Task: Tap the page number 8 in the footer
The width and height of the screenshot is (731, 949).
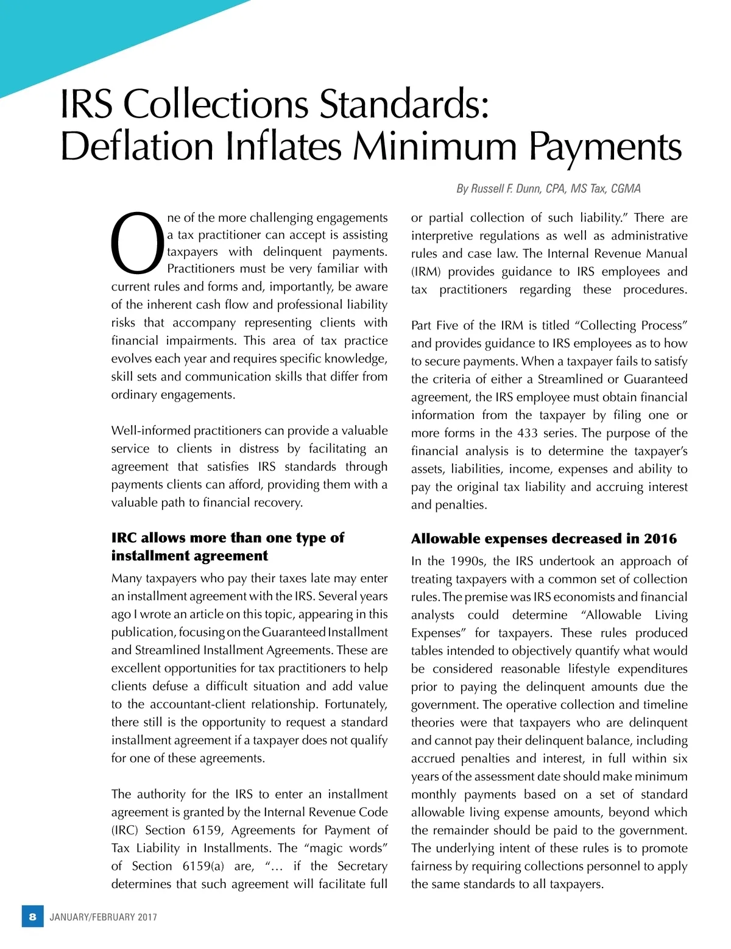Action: pos(33,916)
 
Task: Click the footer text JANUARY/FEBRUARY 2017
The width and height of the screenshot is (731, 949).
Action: pos(103,917)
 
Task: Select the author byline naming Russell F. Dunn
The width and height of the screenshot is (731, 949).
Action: pos(548,189)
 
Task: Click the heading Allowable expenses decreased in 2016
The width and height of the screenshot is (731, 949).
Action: pos(543,538)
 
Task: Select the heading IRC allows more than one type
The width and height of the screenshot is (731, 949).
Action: pos(227,538)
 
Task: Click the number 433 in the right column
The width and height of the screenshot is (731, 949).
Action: pos(527,433)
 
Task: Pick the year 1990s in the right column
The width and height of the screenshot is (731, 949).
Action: pos(468,561)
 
